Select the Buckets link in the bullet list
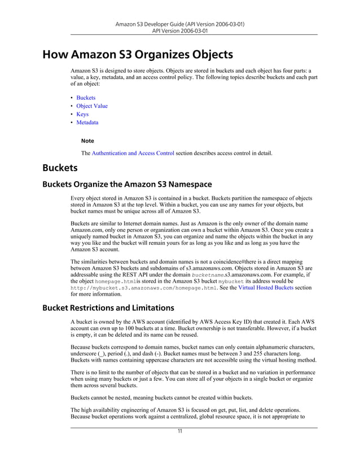pyautogui.click(x=86, y=98)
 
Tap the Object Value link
pyautogui.click(x=92, y=106)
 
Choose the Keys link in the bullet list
pyautogui.click(x=82, y=114)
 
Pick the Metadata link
pyautogui.click(x=87, y=122)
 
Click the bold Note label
pyautogui.click(x=87, y=140)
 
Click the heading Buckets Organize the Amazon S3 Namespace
pyautogui.click(x=127, y=184)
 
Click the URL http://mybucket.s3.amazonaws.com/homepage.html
pyautogui.click(x=144, y=287)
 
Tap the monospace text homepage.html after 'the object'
pyautogui.click(x=115, y=281)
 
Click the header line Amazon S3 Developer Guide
pyautogui.click(x=179, y=25)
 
